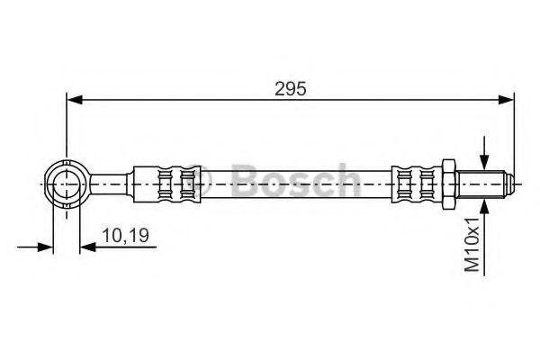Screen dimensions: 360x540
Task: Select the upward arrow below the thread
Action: point(485,210)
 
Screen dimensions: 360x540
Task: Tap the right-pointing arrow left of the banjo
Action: point(44,245)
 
